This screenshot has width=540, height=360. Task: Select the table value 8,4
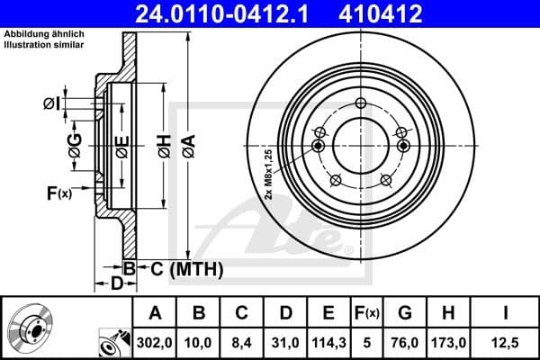pyautogui.click(x=241, y=341)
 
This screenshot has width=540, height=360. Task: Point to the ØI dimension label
pyautogui.click(x=51, y=103)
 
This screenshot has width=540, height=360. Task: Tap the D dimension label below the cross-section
pyautogui.click(x=116, y=284)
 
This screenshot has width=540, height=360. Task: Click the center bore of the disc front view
pyautogui.click(x=360, y=145)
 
